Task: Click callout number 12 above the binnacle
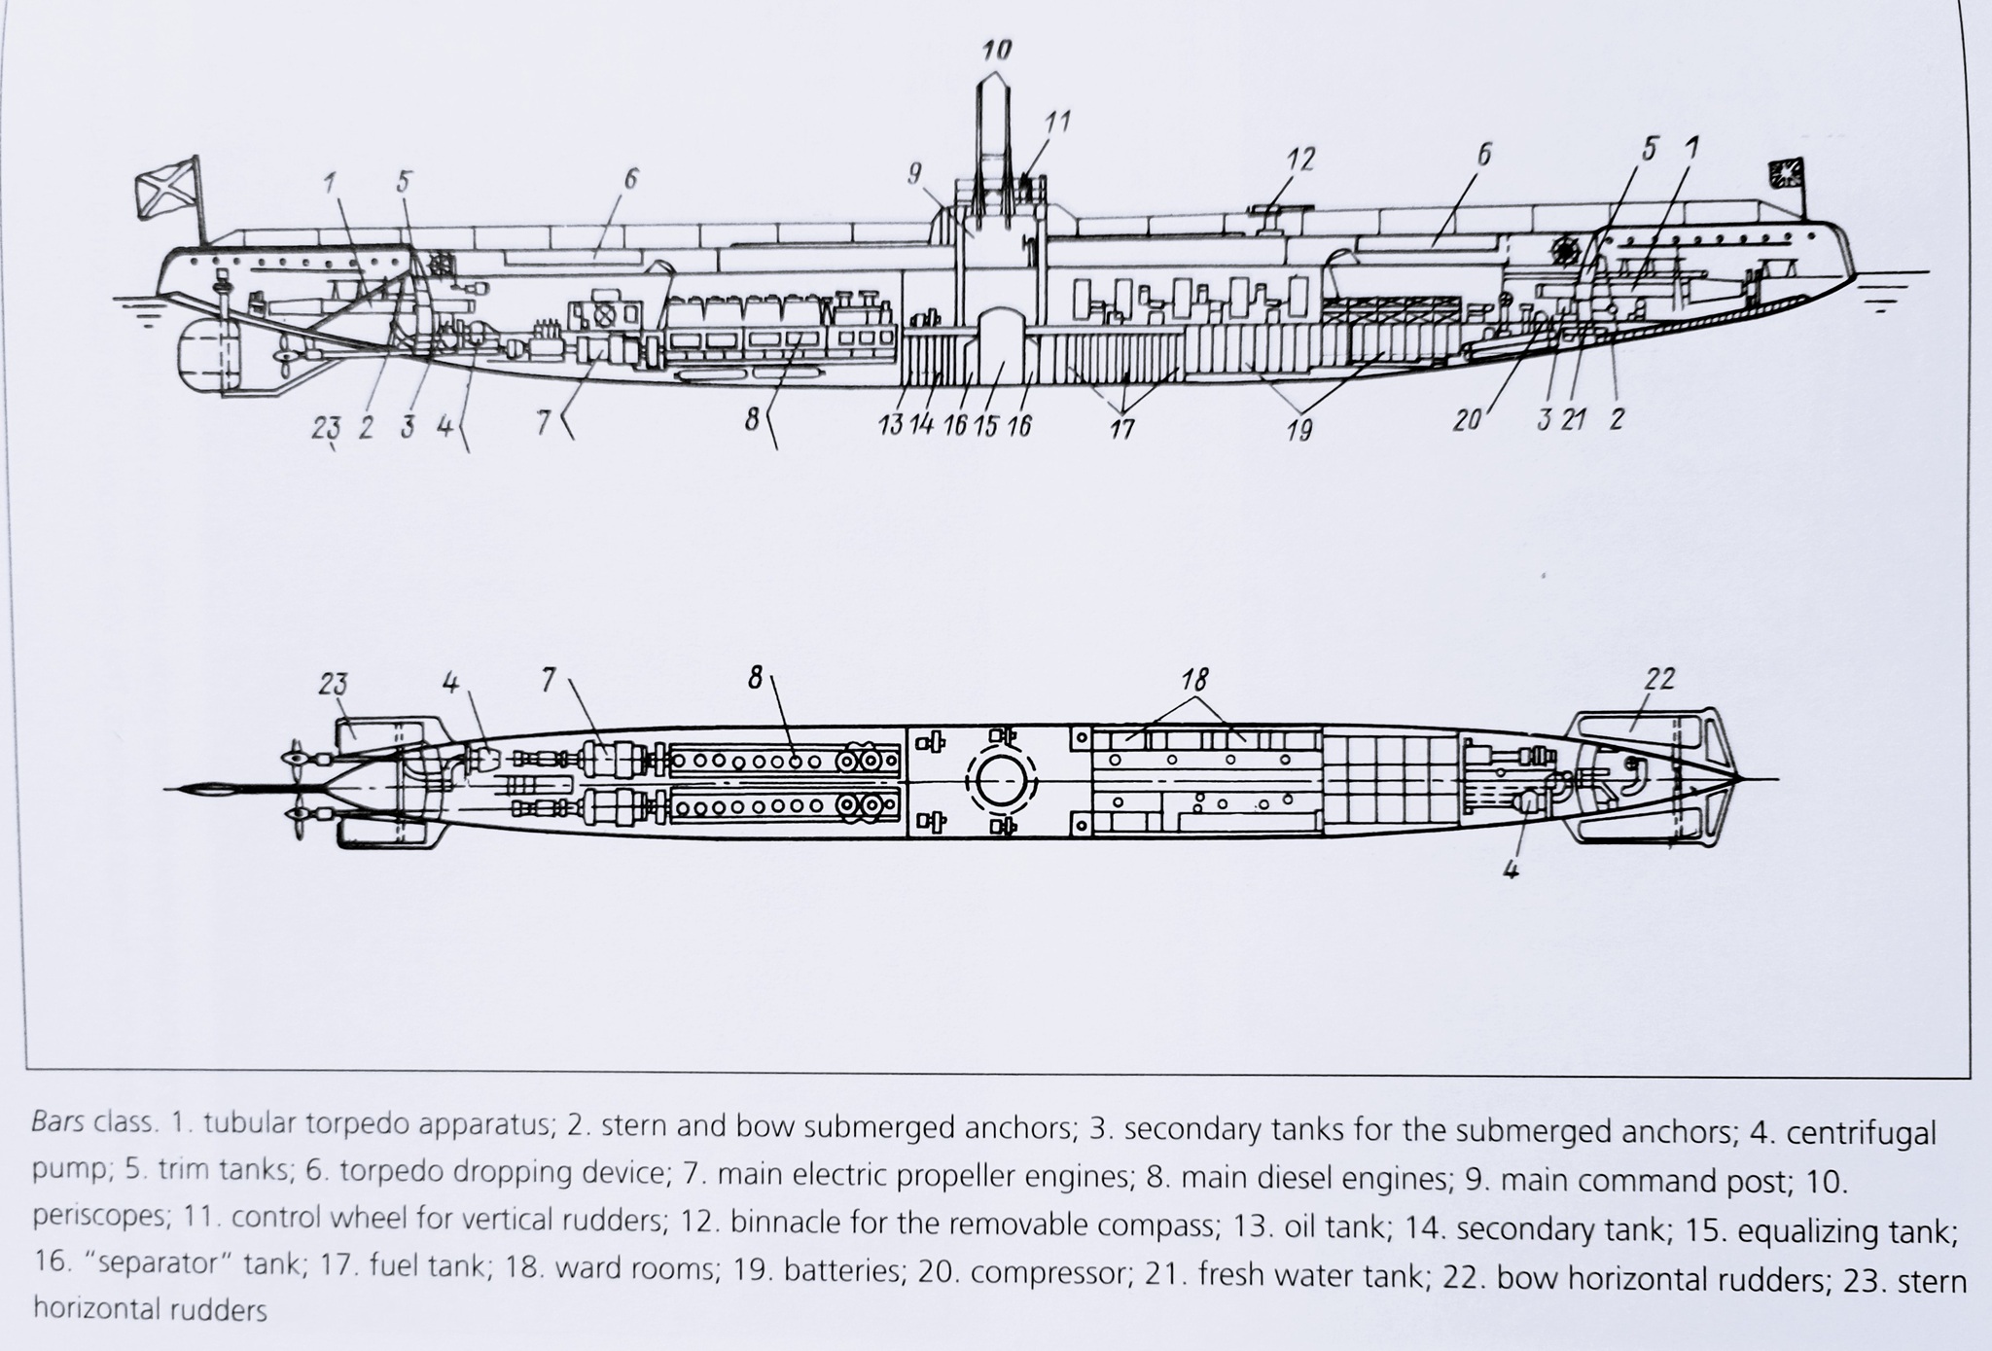click(x=1300, y=159)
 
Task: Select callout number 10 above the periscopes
click(x=997, y=50)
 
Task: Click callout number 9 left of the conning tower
click(x=914, y=174)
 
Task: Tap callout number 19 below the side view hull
click(x=1298, y=429)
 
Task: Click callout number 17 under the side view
click(x=1122, y=429)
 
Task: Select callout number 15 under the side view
click(x=986, y=426)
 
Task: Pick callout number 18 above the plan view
click(x=1195, y=679)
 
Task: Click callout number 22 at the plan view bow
click(x=1659, y=679)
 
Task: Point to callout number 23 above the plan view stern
click(x=332, y=684)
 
